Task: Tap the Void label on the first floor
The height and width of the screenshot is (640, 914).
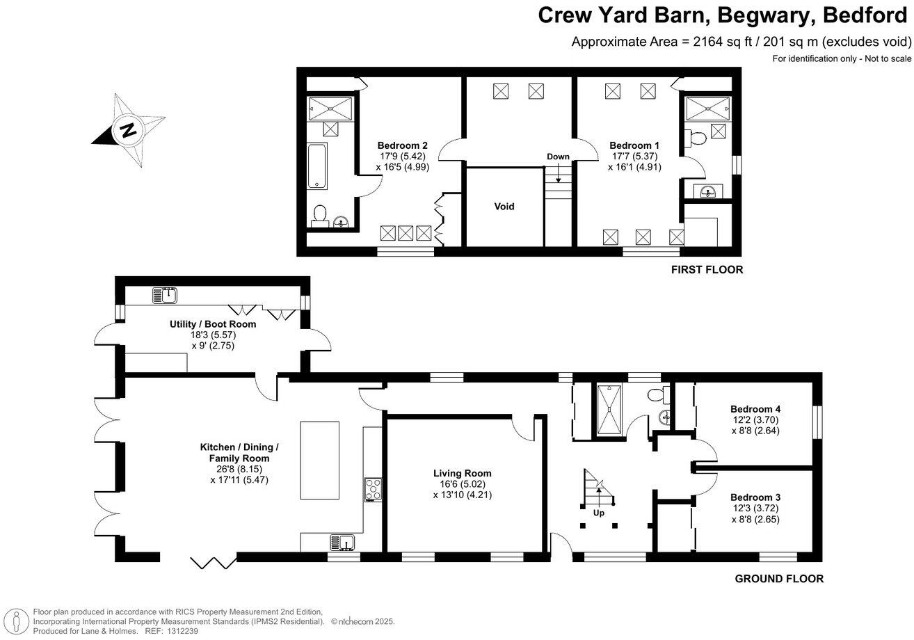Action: click(504, 207)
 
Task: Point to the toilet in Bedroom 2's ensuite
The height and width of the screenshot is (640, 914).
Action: click(319, 215)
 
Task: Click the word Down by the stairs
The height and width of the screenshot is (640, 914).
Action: click(558, 157)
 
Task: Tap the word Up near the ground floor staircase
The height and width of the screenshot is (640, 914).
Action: click(598, 513)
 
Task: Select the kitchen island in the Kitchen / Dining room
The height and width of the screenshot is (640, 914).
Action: click(319, 460)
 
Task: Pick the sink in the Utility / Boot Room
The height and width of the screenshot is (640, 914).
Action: click(166, 296)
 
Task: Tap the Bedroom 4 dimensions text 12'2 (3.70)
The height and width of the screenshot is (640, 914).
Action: click(755, 419)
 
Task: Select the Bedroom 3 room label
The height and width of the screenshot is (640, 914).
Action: click(755, 497)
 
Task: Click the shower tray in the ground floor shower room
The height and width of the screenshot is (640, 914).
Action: click(609, 410)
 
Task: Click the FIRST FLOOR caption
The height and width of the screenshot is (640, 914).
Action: click(707, 270)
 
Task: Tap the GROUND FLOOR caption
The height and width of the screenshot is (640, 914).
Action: click(778, 579)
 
